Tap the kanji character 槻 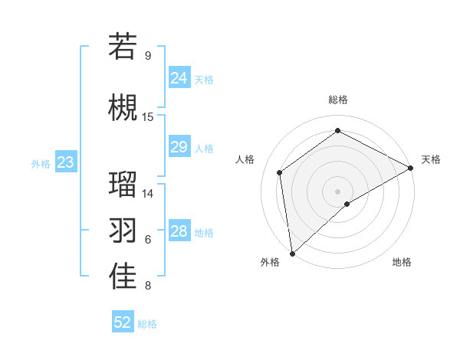(x=123, y=107)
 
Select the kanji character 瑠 (x=123, y=184)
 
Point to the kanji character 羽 (x=123, y=230)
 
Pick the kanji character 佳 (x=123, y=277)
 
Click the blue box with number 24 (x=179, y=77)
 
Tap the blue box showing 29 (x=179, y=147)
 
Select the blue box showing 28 (x=179, y=231)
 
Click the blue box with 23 (x=65, y=162)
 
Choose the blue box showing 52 (x=123, y=322)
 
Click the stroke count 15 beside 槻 (x=148, y=117)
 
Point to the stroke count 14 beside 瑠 (x=148, y=194)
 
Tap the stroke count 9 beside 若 (x=148, y=56)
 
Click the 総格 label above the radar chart (x=337, y=100)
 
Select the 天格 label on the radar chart (x=431, y=159)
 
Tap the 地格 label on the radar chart (x=402, y=262)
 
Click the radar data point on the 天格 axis (x=411, y=167)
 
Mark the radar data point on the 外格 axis (x=292, y=253)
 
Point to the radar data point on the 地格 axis (x=347, y=204)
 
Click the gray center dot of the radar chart (x=337, y=190)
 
